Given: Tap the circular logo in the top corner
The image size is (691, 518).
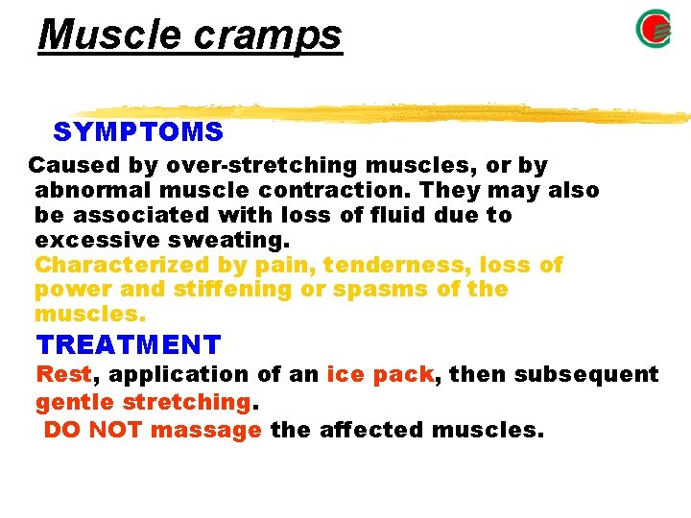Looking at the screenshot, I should pyautogui.click(x=654, y=30).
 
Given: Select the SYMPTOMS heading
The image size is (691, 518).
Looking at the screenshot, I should pyautogui.click(x=138, y=131).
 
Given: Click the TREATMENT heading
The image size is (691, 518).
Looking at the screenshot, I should pyautogui.click(x=129, y=343).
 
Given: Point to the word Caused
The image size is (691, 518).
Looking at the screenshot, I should pyautogui.click(x=66, y=165).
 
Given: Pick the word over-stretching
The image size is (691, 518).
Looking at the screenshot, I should pyautogui.click(x=226, y=165).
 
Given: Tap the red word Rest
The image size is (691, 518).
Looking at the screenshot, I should pyautogui.click(x=63, y=374).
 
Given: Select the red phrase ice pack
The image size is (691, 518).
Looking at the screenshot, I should pyautogui.click(x=380, y=374).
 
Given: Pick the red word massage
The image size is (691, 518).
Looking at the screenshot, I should pyautogui.click(x=206, y=429).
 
